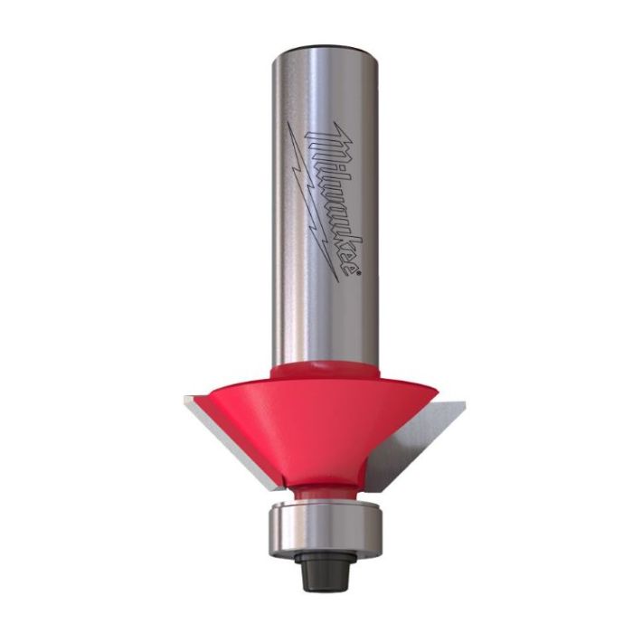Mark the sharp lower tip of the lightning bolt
[337, 281]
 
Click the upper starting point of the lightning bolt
[288, 123]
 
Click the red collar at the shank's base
[326, 371]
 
